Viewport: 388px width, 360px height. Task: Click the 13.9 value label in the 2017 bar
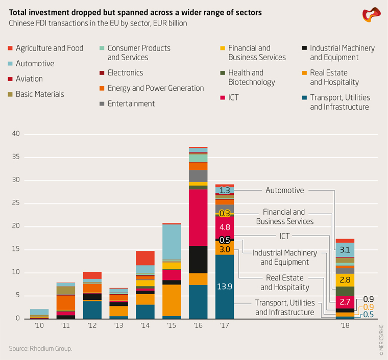tap(225, 287)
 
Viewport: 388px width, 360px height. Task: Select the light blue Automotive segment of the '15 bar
tap(172, 242)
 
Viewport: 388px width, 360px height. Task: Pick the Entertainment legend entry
tap(131, 104)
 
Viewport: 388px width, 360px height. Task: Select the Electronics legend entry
tap(125, 73)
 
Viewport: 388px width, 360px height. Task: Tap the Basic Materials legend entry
tap(40, 94)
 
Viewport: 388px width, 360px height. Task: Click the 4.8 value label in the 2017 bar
tap(225, 227)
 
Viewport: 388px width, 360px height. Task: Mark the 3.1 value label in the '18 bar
tap(345, 250)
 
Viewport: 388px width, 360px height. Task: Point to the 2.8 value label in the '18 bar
tap(345, 279)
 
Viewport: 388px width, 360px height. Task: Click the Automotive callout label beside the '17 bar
tap(284, 190)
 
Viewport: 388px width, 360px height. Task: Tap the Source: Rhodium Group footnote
tap(41, 349)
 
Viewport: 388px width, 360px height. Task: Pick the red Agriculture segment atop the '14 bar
tap(145, 258)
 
